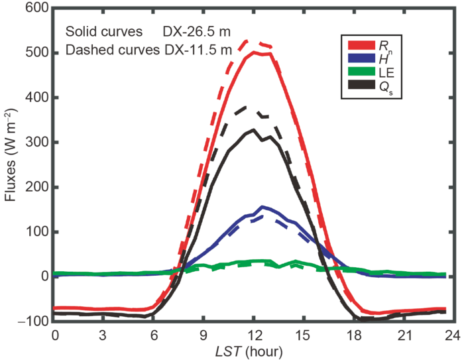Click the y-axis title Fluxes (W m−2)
pos(12,166)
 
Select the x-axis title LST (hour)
pos(254,349)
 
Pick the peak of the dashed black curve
pos(248,106)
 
